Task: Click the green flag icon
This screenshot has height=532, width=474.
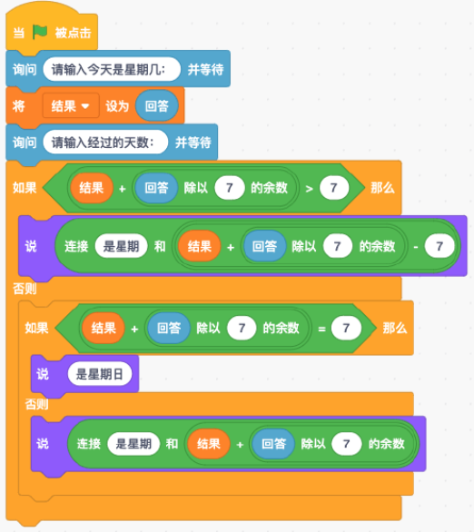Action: tap(40, 33)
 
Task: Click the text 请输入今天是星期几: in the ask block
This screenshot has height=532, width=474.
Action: tap(108, 70)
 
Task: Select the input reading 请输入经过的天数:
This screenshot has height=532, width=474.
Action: tap(105, 143)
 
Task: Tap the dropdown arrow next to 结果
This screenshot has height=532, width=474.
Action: tap(85, 106)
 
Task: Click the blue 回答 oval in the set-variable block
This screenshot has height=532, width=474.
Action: tap(157, 106)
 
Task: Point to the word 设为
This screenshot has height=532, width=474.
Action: tap(117, 106)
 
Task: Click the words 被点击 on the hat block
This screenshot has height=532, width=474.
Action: tap(74, 33)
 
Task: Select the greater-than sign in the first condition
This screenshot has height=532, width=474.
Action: tap(309, 188)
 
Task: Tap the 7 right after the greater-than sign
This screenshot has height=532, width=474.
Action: tap(334, 188)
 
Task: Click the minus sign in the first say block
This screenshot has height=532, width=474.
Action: tap(416, 247)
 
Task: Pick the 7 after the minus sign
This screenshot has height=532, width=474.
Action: tap(439, 246)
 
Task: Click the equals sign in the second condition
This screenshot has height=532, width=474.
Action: tap(321, 329)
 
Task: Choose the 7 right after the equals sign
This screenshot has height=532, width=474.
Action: tap(346, 328)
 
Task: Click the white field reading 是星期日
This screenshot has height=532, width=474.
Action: tap(99, 374)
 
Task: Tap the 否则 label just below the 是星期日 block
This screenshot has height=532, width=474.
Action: tap(36, 404)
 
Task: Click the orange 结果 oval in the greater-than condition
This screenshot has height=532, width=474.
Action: tap(92, 188)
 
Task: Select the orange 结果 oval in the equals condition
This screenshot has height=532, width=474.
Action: tap(104, 328)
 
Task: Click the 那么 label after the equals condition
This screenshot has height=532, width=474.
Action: tap(395, 328)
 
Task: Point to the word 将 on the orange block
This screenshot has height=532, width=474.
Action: tap(19, 106)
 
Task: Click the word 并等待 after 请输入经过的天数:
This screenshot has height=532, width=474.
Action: tap(193, 143)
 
